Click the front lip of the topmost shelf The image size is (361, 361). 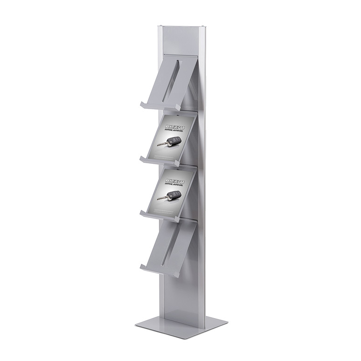coord(159,106)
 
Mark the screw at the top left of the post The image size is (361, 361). coord(160,26)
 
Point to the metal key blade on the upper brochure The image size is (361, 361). coord(161,145)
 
